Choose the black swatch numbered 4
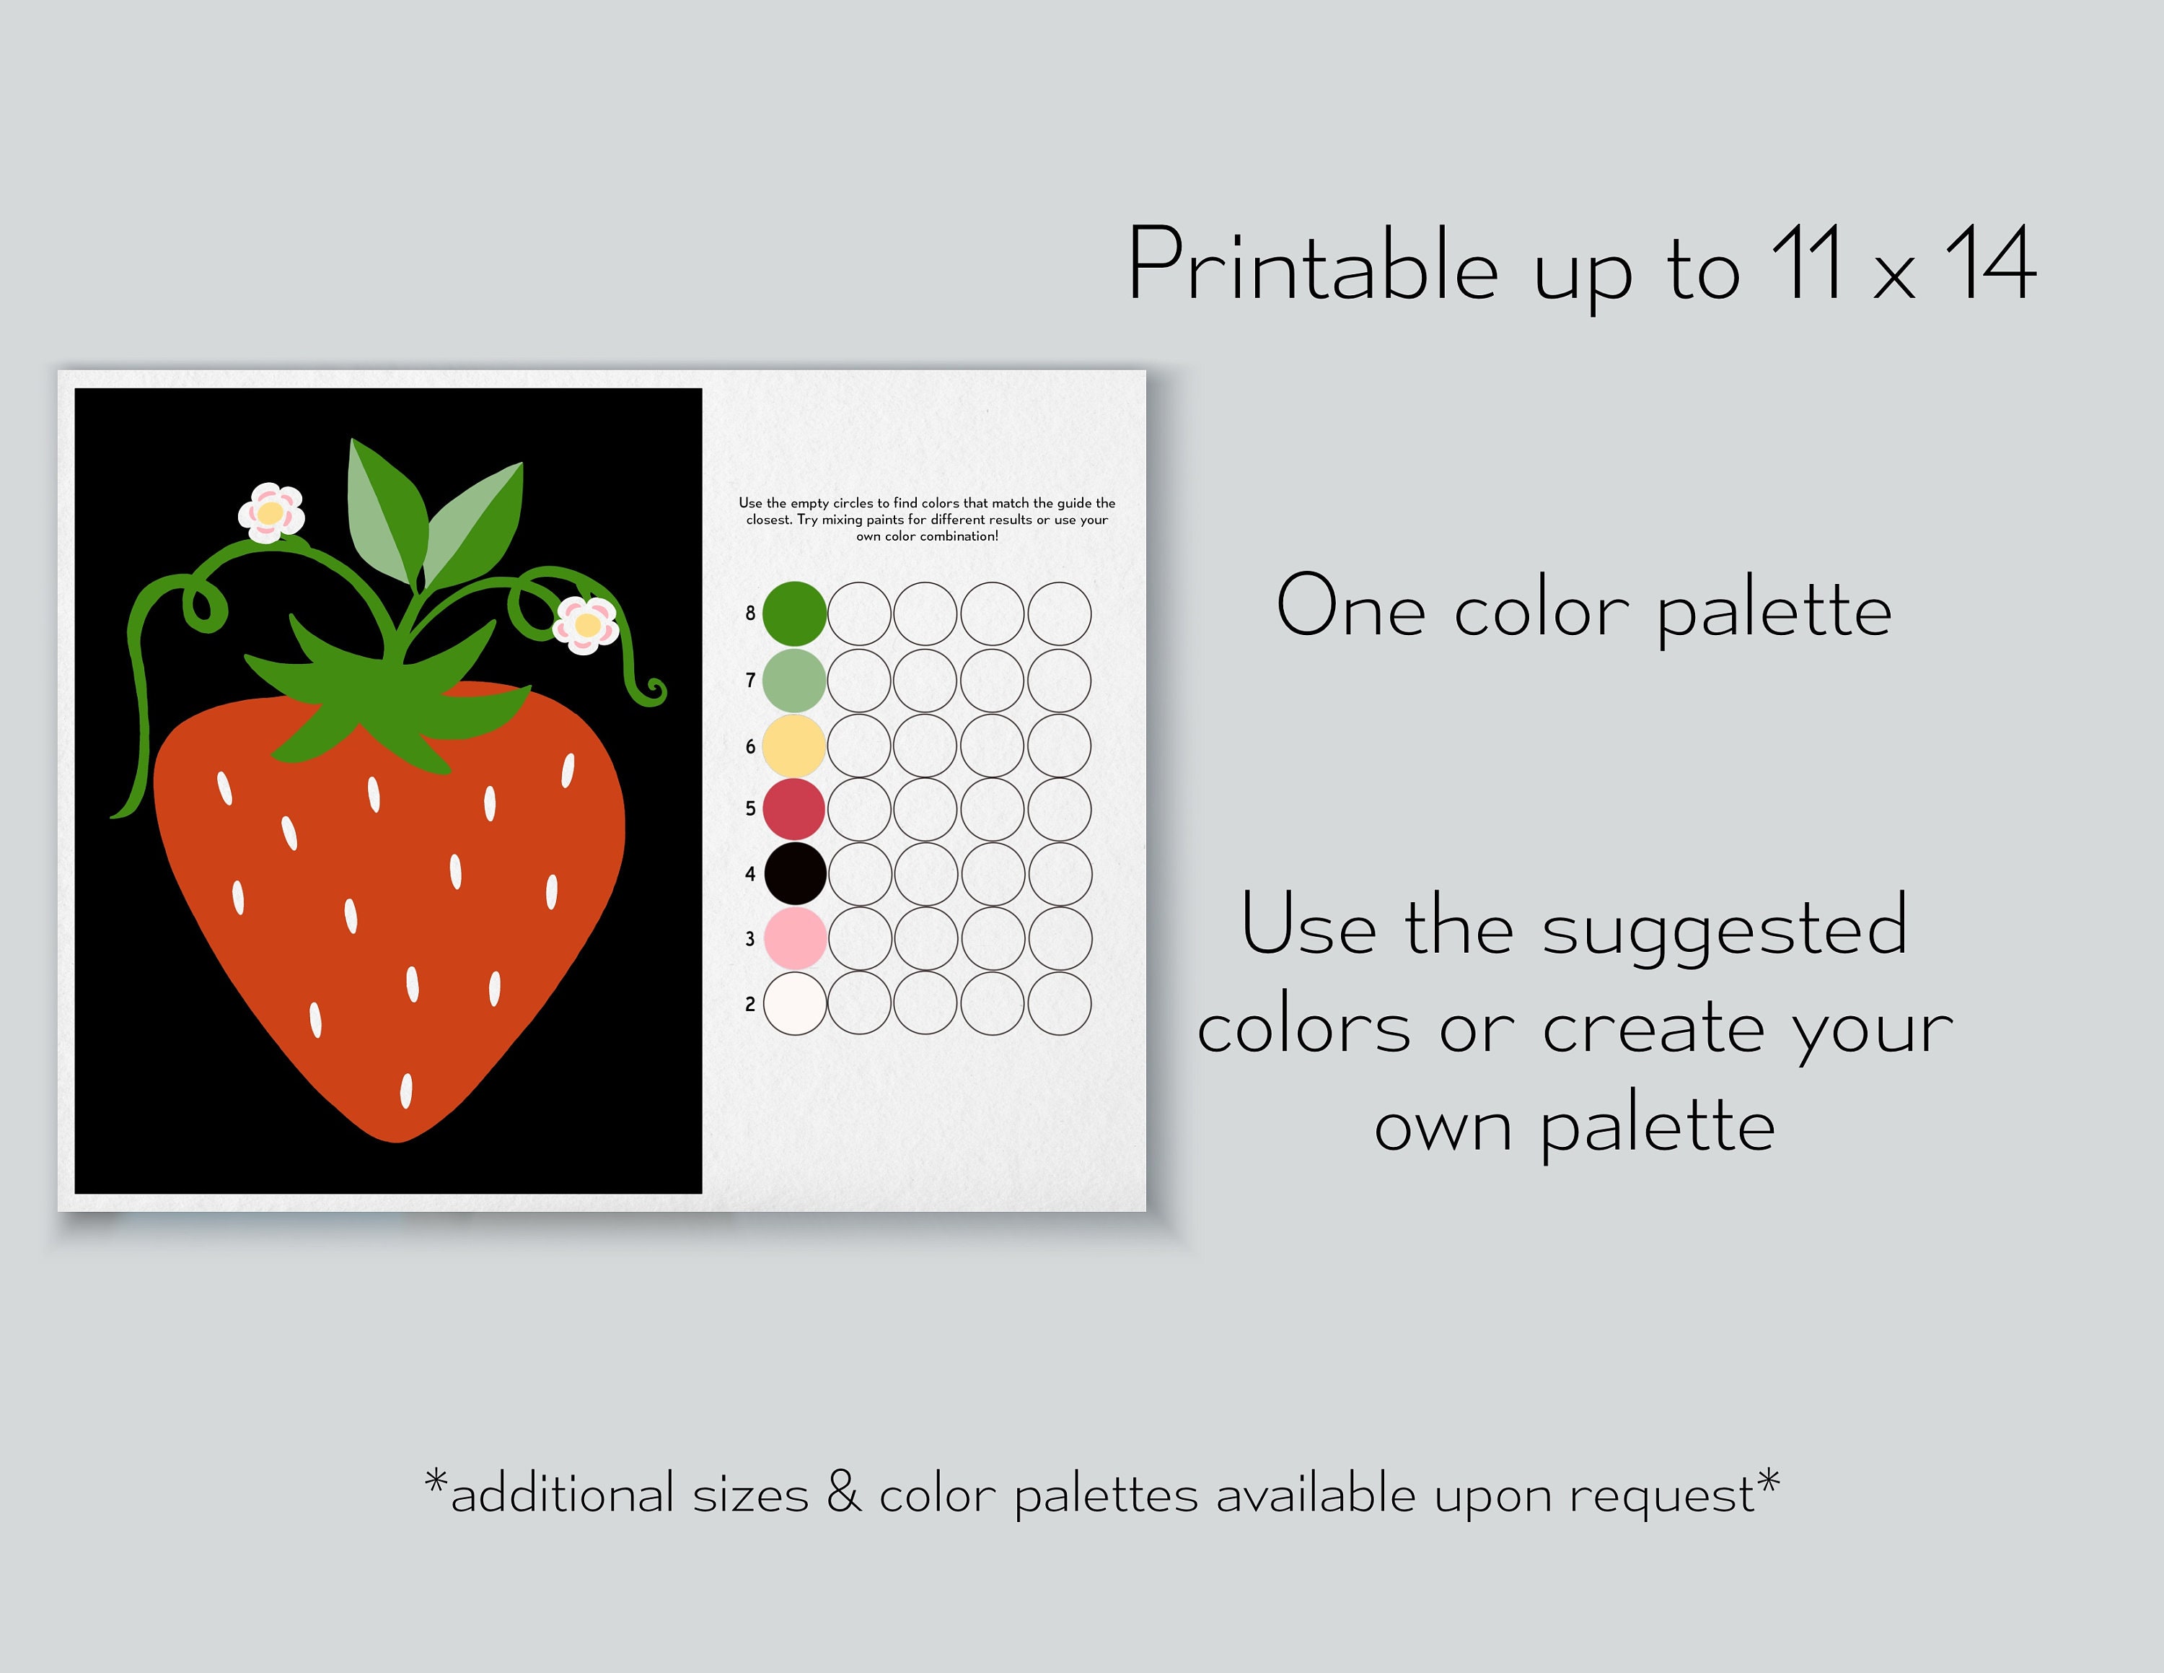795,873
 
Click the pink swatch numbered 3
795,938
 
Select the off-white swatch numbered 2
795,1003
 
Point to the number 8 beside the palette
750,613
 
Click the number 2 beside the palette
750,1004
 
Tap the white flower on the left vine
270,512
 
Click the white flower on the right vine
586,624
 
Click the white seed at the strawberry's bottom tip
405,1091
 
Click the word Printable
1312,266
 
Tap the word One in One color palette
1350,606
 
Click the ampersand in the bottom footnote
843,1492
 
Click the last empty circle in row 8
1059,613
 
